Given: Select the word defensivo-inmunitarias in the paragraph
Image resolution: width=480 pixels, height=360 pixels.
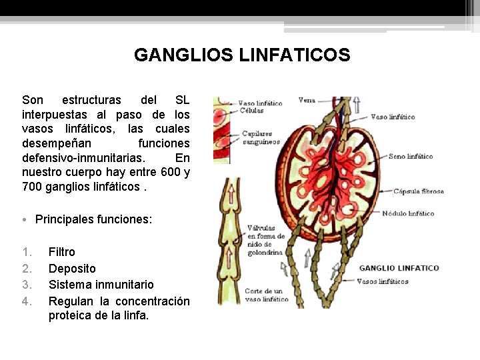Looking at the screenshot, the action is tap(83, 158).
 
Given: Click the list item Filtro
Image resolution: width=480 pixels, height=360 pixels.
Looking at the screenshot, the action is tap(62, 252).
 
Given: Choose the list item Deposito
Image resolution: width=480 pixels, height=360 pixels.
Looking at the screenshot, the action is tap(72, 269).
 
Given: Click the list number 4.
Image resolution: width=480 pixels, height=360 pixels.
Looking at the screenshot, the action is tap(27, 301).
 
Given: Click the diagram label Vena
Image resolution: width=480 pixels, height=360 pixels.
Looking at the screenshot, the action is tap(307, 101).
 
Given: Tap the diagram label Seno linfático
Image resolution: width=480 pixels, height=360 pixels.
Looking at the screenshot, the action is tap(411, 157).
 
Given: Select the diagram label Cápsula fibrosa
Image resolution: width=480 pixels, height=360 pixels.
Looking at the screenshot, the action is tap(418, 191).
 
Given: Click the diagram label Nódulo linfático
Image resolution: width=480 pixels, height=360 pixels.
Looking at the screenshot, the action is tap(408, 214).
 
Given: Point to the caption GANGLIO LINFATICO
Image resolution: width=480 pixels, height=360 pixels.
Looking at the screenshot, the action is tap(399, 268).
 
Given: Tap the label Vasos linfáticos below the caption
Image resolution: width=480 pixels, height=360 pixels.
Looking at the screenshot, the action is tap(383, 281).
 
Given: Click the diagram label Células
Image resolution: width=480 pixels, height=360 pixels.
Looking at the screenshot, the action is tap(251, 111).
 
